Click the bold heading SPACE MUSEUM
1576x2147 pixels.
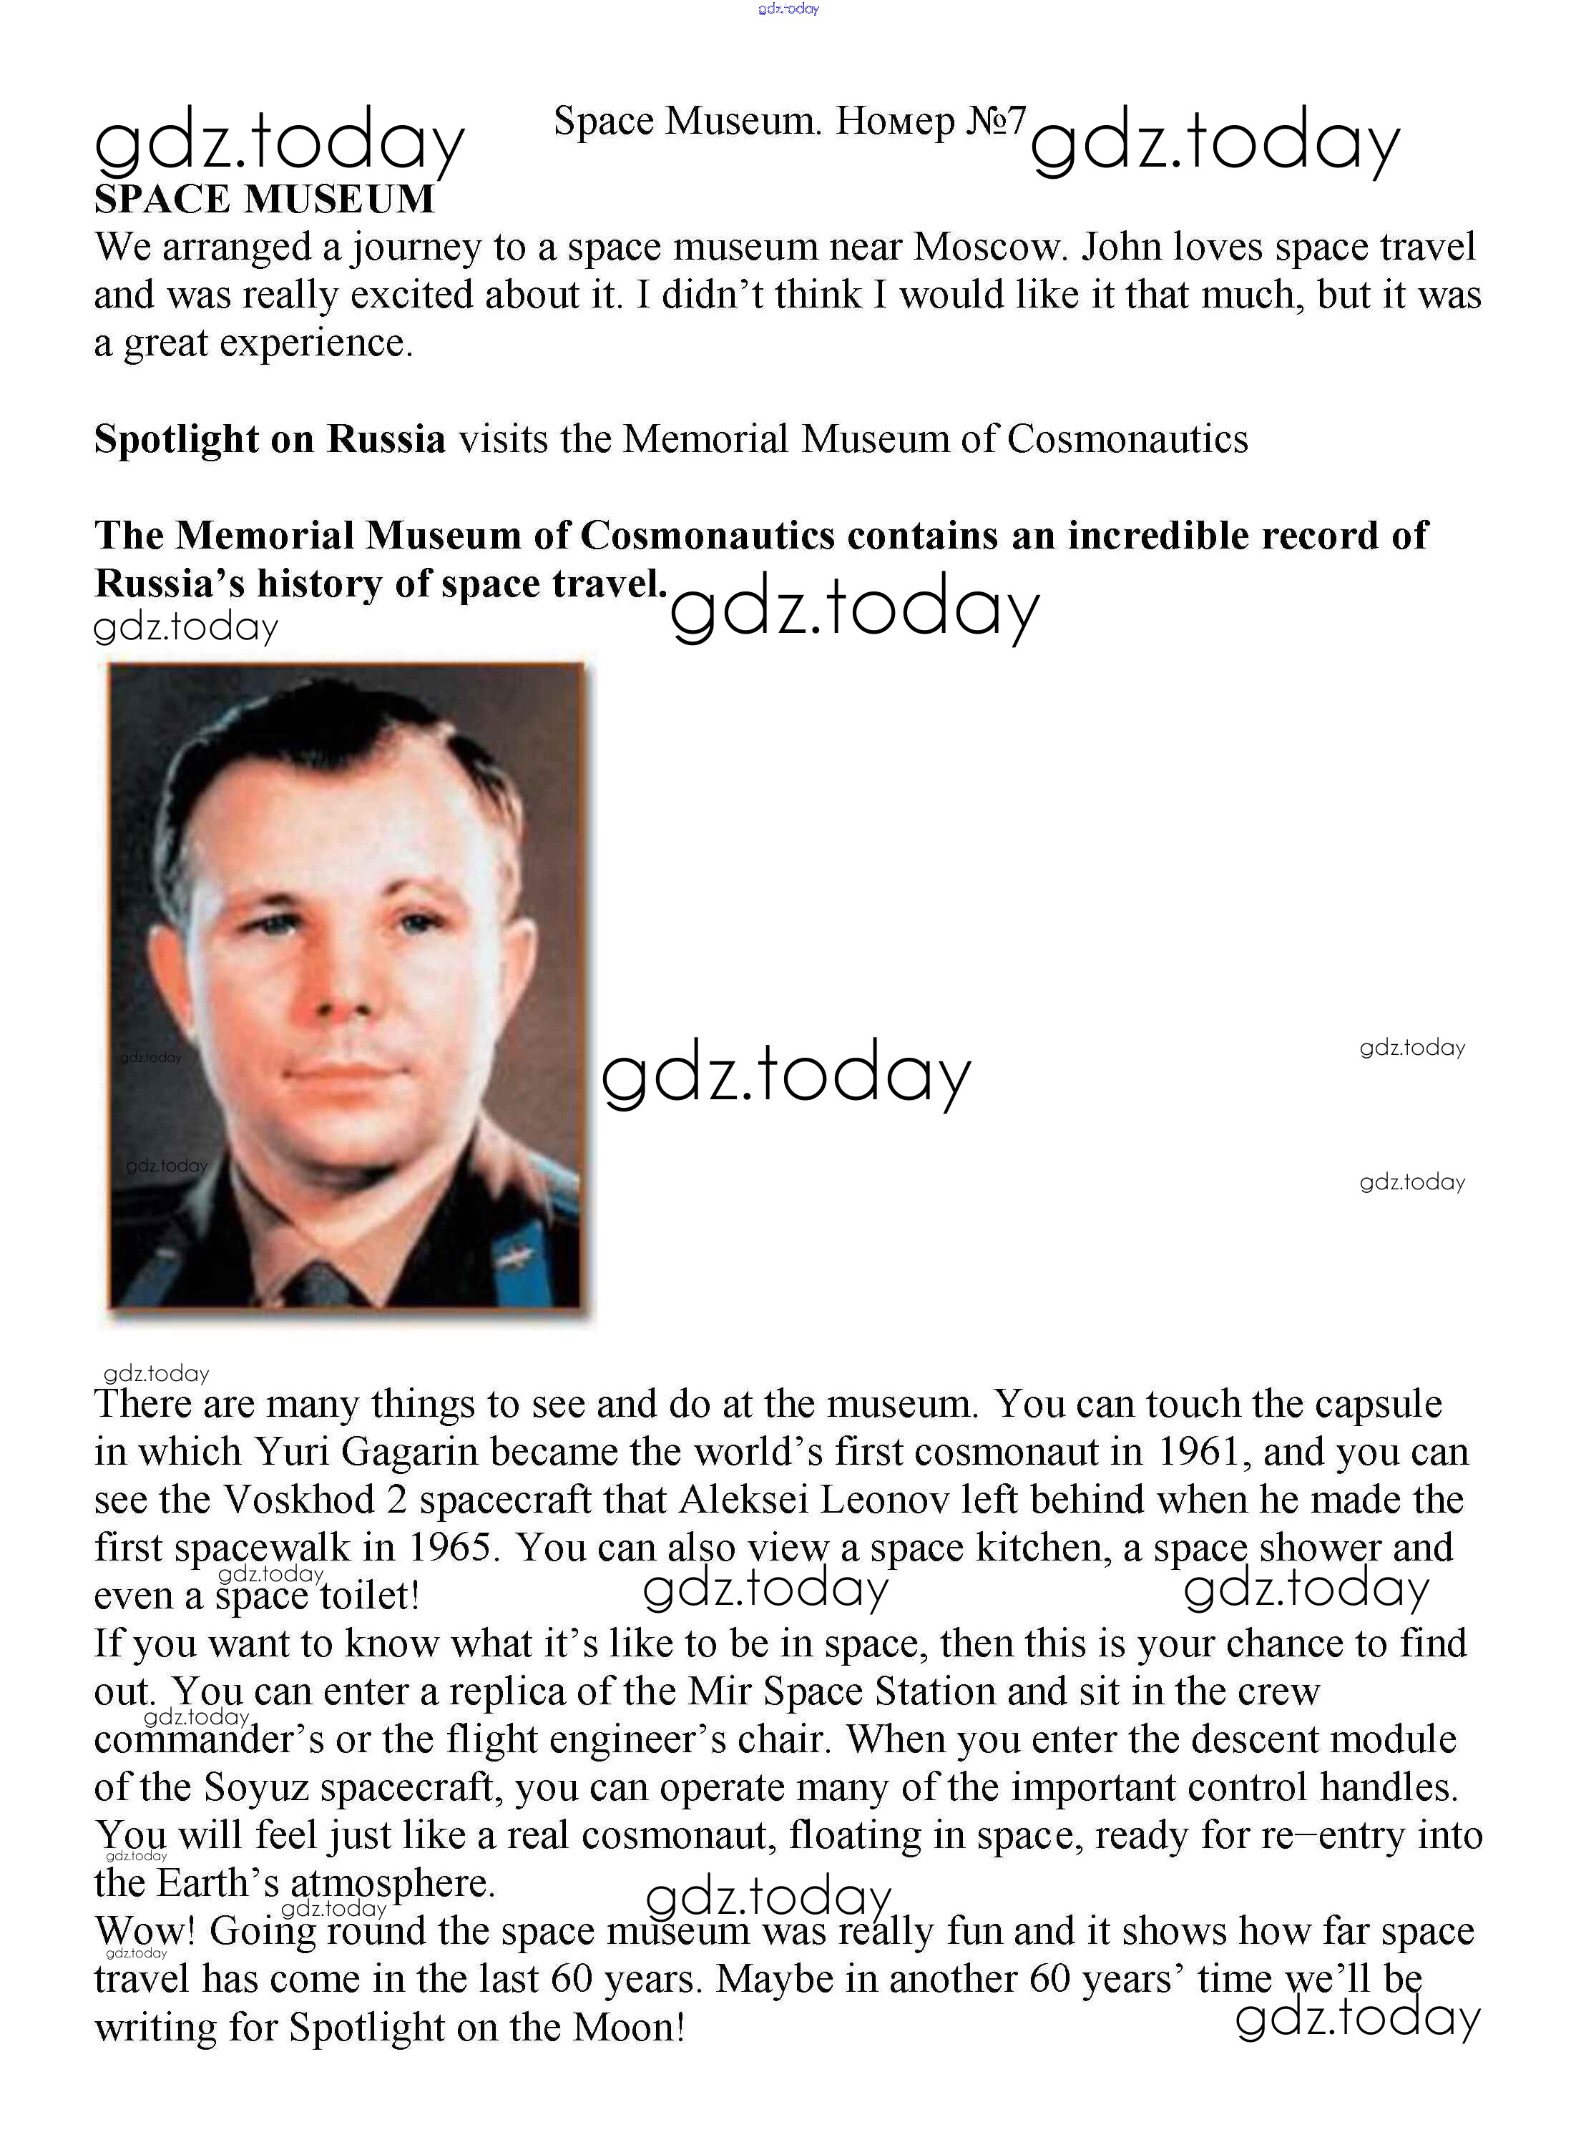coord(264,200)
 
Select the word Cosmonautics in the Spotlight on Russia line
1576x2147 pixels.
coord(1127,440)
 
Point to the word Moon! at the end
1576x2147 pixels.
coord(627,2027)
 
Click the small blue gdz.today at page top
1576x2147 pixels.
coord(788,9)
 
